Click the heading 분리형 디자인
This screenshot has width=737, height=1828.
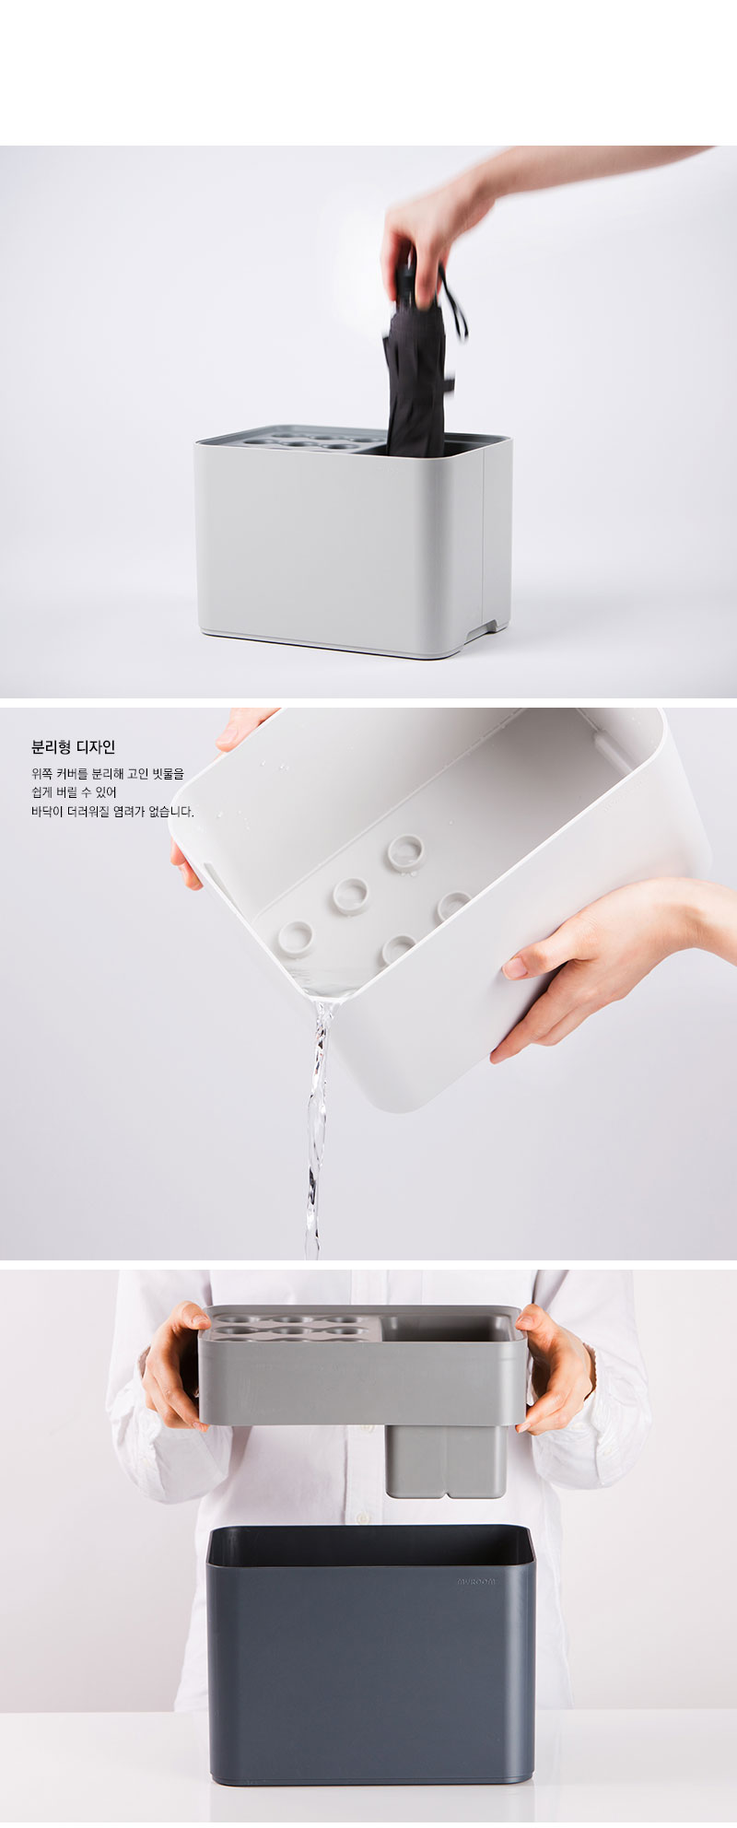[x=73, y=747]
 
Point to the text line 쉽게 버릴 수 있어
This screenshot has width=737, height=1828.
[x=74, y=792]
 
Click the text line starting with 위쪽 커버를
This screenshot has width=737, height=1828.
[x=107, y=774]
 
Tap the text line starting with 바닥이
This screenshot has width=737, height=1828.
[x=112, y=812]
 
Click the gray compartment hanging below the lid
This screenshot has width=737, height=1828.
[x=446, y=1459]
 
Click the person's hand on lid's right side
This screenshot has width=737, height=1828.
[x=556, y=1367]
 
